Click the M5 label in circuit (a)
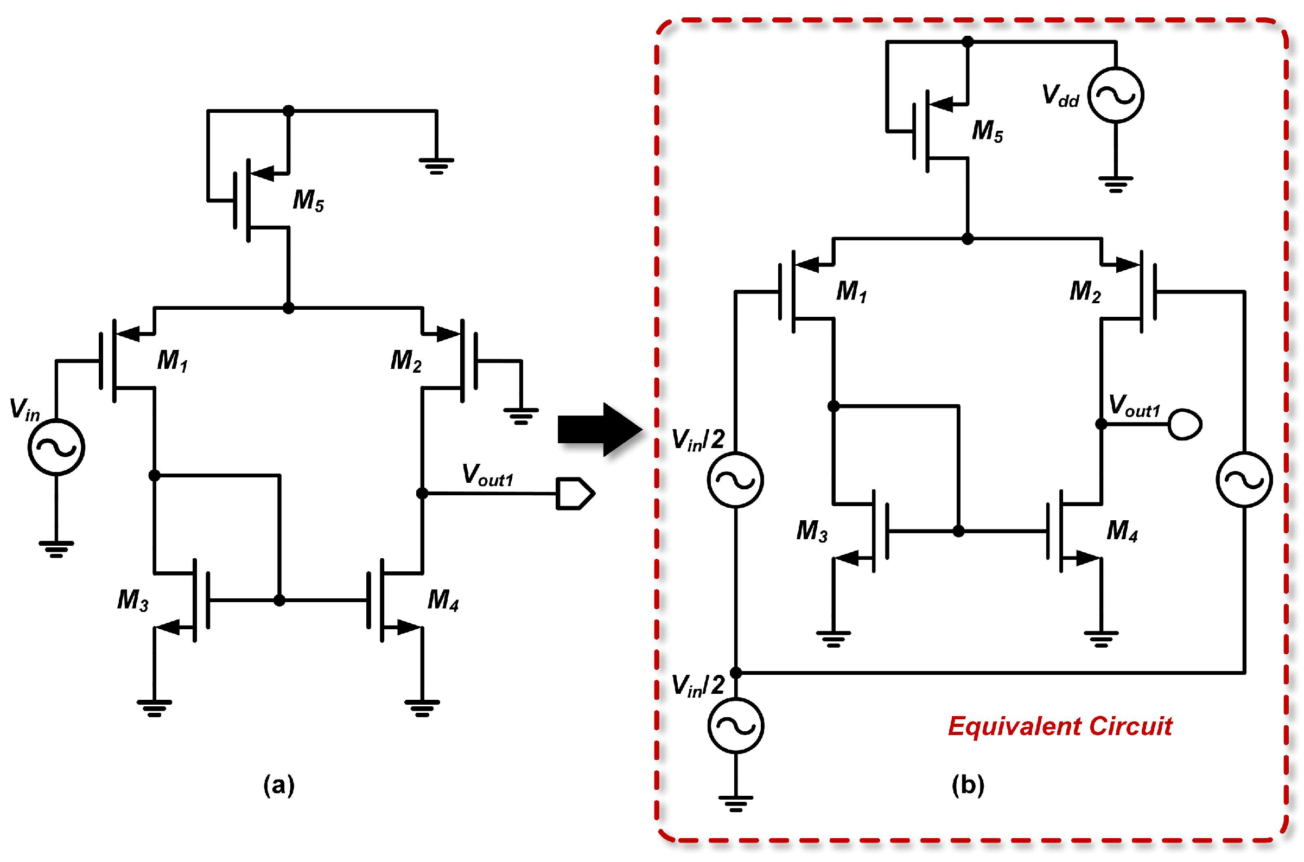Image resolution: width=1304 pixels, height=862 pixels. click(x=308, y=201)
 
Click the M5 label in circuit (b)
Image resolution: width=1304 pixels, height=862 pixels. click(x=987, y=132)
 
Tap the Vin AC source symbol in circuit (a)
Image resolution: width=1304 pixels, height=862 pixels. click(x=56, y=447)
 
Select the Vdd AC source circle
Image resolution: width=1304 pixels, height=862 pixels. click(x=1115, y=95)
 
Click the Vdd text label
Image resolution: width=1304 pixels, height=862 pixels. click(x=1060, y=96)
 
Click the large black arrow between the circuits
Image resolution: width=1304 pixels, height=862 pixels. click(x=600, y=430)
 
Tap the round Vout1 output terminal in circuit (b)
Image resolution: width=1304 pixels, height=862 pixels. click(x=1184, y=424)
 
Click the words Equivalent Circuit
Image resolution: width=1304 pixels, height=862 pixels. click(x=1060, y=727)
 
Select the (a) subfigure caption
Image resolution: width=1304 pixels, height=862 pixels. click(x=279, y=785)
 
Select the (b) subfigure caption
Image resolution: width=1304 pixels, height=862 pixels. click(x=968, y=785)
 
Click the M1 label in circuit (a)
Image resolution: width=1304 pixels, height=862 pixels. click(x=172, y=361)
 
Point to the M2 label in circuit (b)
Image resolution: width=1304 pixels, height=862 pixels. click(x=1085, y=292)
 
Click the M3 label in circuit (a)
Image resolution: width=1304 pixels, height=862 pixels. click(x=132, y=601)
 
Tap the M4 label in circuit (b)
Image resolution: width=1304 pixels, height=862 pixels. click(x=1122, y=531)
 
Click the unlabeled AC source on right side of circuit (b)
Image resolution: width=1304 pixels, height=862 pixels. click(x=1244, y=480)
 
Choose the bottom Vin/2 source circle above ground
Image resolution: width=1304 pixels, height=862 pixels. click(x=735, y=726)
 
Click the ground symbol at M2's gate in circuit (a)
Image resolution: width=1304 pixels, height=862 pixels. click(x=521, y=416)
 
